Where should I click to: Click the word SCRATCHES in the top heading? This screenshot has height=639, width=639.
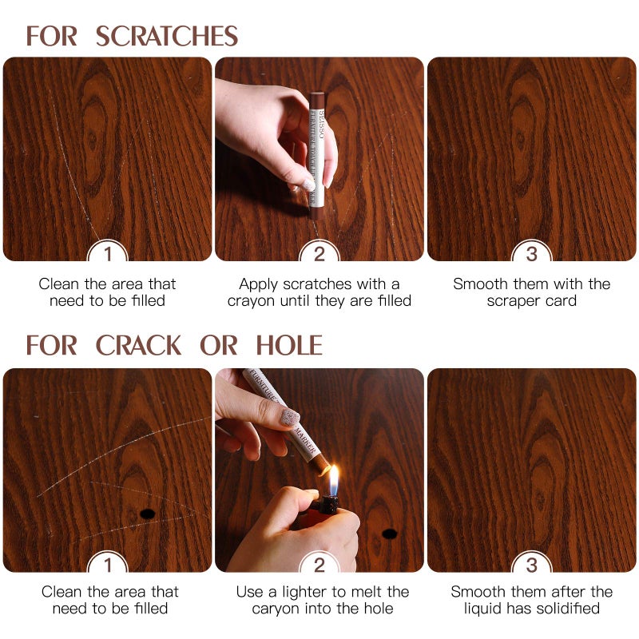[x=167, y=36]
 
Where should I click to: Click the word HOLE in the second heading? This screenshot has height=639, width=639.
[x=289, y=345]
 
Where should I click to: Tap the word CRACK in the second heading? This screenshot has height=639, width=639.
[x=139, y=345]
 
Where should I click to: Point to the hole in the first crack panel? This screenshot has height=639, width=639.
[x=147, y=513]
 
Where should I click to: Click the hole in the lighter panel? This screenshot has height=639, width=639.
[x=389, y=533]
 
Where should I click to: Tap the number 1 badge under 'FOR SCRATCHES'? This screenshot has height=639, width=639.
[x=108, y=255]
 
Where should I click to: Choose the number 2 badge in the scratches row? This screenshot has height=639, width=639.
[x=319, y=255]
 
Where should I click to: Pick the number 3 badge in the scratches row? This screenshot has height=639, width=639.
[x=531, y=255]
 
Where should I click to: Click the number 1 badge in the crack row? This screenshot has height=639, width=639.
[x=108, y=566]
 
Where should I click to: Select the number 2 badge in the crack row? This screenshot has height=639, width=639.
[x=319, y=566]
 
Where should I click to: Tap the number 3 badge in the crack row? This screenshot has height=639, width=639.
[x=531, y=566]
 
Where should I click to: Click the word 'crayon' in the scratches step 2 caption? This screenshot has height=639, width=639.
[x=251, y=301]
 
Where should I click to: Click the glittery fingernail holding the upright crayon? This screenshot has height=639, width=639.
[x=308, y=184]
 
